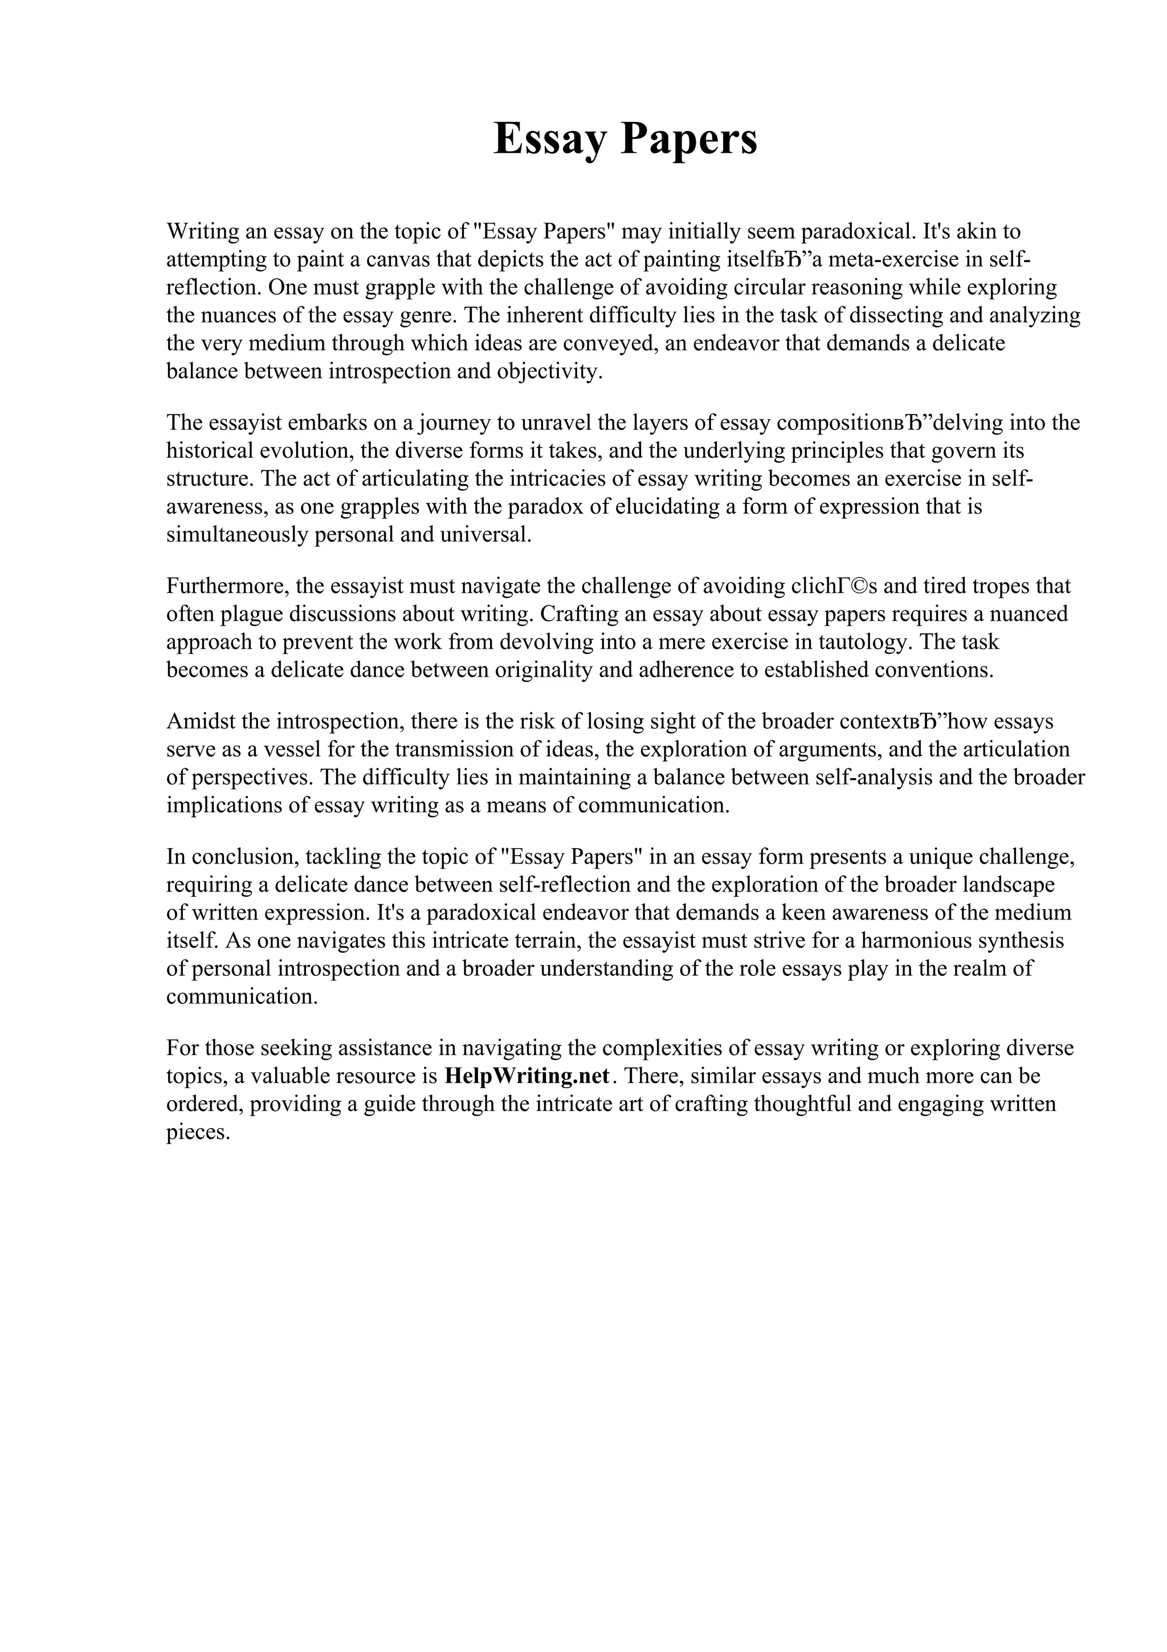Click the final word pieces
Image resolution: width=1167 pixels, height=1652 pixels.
click(x=198, y=1133)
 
